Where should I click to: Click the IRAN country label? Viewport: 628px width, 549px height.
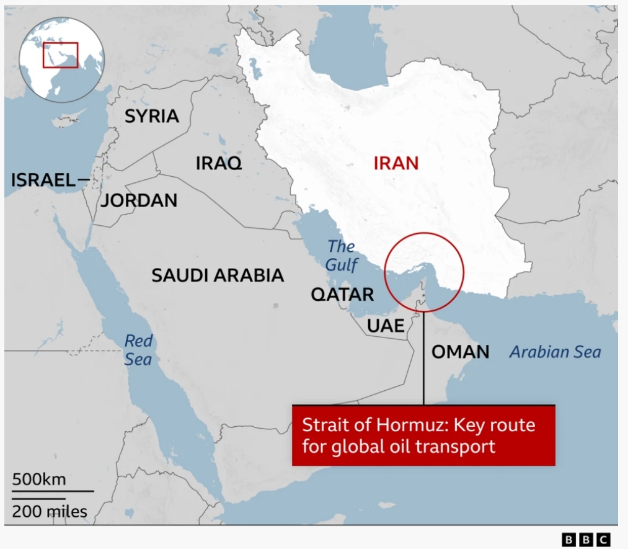pyautogui.click(x=396, y=163)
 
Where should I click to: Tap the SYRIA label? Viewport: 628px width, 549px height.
pyautogui.click(x=152, y=116)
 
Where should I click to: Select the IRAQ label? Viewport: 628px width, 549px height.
pyautogui.click(x=219, y=163)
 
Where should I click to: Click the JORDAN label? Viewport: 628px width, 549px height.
pyautogui.click(x=139, y=200)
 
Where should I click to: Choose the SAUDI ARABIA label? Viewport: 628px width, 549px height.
pyautogui.click(x=218, y=275)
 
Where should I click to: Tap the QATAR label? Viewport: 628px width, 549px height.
pyautogui.click(x=342, y=294)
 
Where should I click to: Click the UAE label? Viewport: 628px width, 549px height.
pyautogui.click(x=385, y=326)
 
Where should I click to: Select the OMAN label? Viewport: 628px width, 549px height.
pyautogui.click(x=460, y=352)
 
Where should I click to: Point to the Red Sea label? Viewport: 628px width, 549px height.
pyautogui.click(x=138, y=350)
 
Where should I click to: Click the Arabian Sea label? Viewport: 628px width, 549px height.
pyautogui.click(x=555, y=352)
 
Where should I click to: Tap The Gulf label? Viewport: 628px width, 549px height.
pyautogui.click(x=342, y=256)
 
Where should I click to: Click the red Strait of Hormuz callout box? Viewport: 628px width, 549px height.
pyautogui.click(x=423, y=435)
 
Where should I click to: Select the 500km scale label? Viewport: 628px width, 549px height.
pyautogui.click(x=38, y=480)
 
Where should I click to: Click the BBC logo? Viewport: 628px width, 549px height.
pyautogui.click(x=586, y=540)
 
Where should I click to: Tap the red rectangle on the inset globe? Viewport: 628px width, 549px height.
pyautogui.click(x=60, y=55)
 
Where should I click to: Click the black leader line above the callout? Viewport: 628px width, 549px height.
pyautogui.click(x=423, y=360)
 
